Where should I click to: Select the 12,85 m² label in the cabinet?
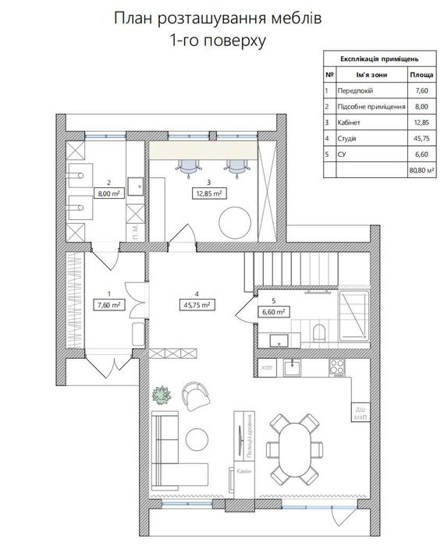pos(208,192)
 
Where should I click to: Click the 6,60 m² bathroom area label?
pos(273,310)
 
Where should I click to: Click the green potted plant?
pos(162,394)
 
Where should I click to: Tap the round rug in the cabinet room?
pos(236,223)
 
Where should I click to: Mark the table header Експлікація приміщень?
pos(381,58)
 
